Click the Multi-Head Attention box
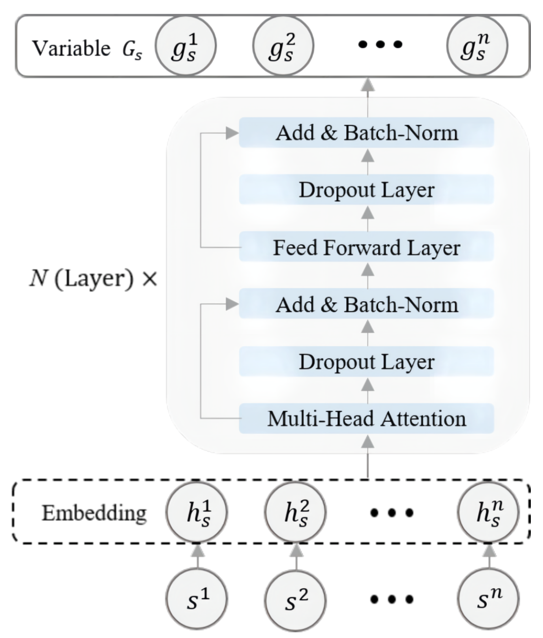pos(366,419)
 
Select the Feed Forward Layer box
pos(366,247)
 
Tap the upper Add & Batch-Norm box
pos(366,133)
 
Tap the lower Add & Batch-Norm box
pos(366,304)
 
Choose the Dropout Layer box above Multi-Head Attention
pos(366,361)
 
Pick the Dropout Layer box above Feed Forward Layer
pos(366,190)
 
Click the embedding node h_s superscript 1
pos(196,512)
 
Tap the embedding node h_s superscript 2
pos(295,512)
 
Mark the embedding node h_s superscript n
pos(488,512)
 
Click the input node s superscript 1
pos(196,599)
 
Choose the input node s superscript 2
pos(295,599)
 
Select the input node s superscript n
pos(488,599)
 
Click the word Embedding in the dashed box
pos(94,513)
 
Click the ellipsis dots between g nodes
pos(380,45)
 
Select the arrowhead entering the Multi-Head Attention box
pos(367,442)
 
